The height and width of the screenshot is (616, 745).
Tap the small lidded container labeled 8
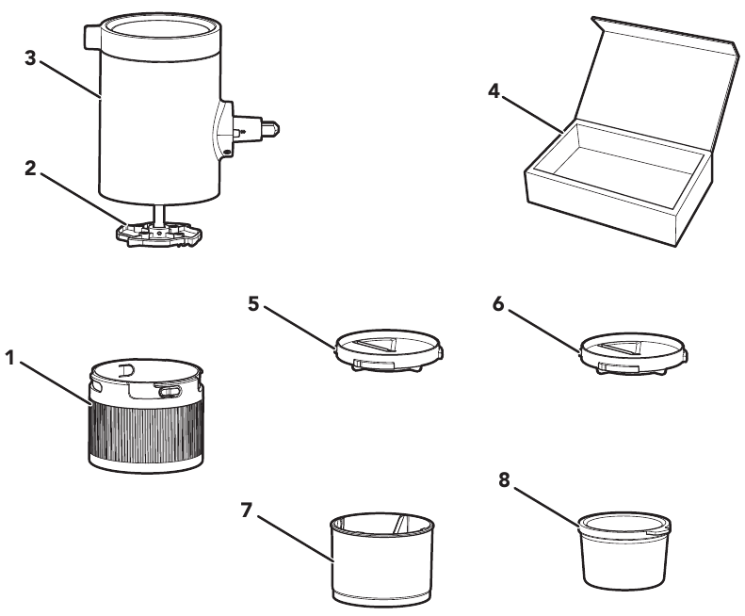pyautogui.click(x=623, y=546)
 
